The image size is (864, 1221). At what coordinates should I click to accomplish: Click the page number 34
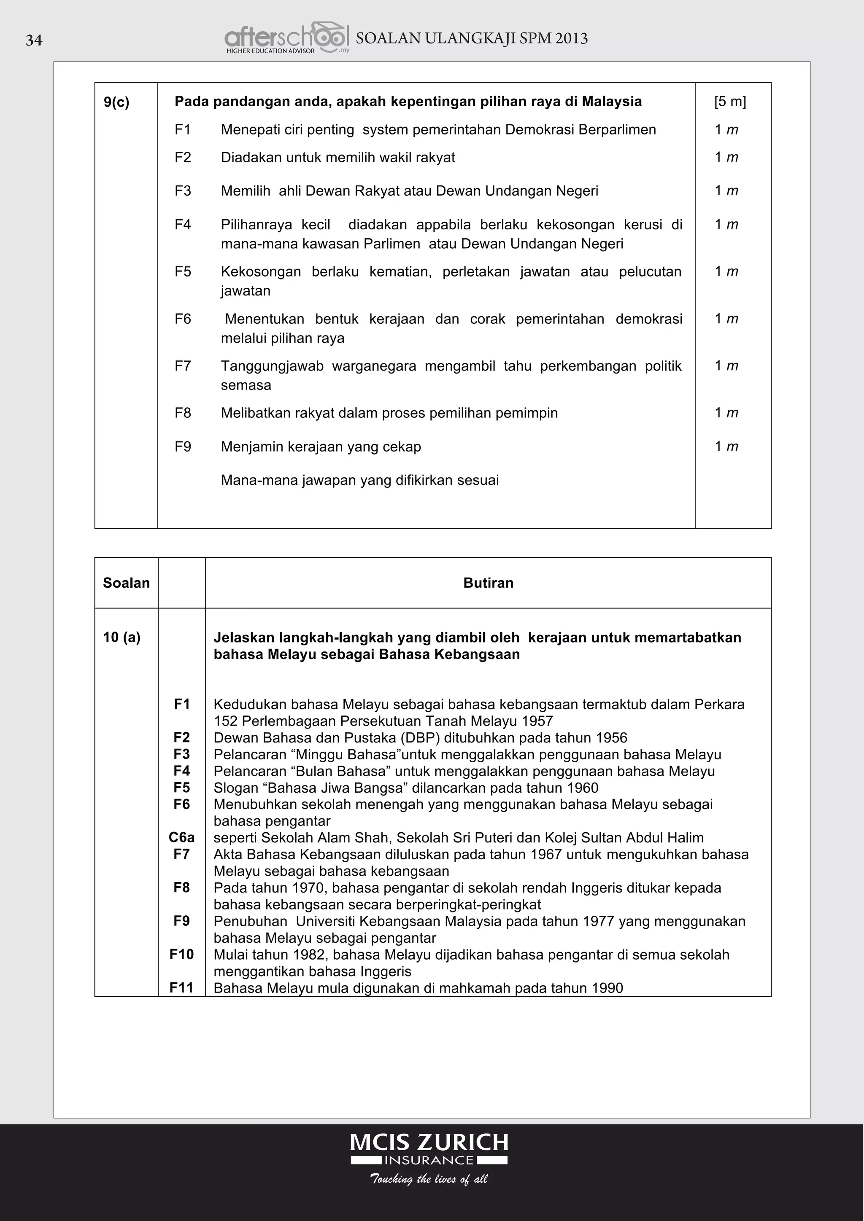[34, 40]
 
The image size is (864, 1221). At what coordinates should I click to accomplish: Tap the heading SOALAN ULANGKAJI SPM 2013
[471, 38]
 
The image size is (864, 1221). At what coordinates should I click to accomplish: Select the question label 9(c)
[116, 102]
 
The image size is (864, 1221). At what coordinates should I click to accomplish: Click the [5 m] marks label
[730, 102]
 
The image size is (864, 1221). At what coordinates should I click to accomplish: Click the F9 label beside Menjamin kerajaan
[183, 447]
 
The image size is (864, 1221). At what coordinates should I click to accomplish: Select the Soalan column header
[126, 583]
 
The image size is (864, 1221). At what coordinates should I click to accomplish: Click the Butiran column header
[488, 583]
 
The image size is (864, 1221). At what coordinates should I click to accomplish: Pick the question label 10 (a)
[122, 637]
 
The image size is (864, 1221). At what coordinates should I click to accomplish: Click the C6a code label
[181, 838]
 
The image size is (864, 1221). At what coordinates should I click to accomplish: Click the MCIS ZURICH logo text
[429, 1142]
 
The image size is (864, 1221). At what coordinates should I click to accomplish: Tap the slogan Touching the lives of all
[429, 1179]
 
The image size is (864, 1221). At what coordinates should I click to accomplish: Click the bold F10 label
[181, 954]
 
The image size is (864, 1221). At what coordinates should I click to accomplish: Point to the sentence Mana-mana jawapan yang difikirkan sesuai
[359, 480]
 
